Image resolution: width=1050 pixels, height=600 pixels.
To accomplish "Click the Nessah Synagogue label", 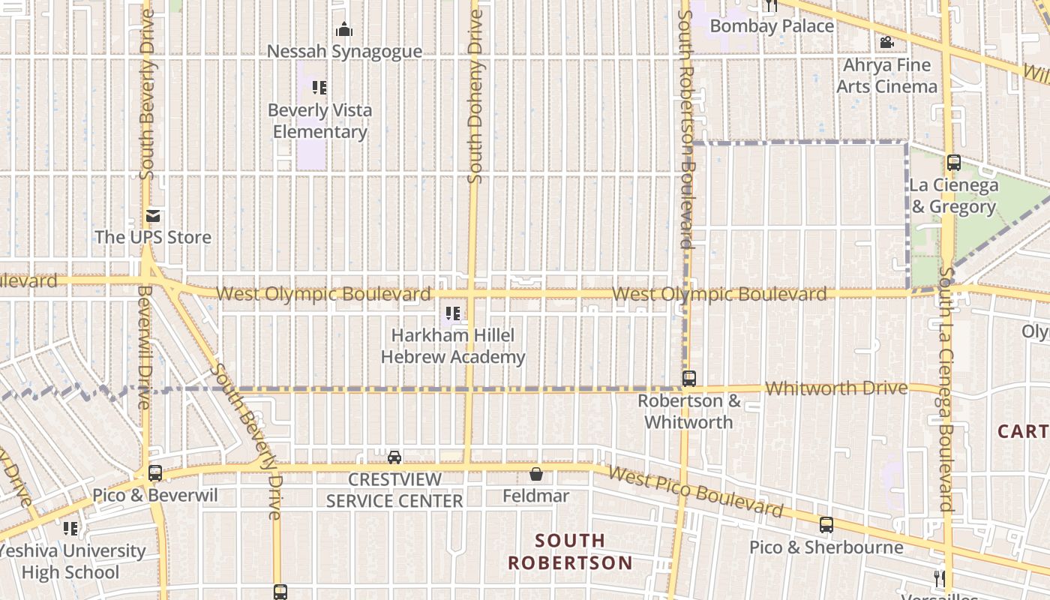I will pos(344,52).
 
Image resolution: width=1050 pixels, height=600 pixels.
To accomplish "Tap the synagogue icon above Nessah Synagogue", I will pos(344,30).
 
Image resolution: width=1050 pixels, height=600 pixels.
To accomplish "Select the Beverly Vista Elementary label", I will pos(319,121).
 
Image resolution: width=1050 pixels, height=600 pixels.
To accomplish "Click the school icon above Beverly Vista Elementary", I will pos(319,88).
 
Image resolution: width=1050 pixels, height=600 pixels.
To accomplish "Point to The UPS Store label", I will pos(153,238).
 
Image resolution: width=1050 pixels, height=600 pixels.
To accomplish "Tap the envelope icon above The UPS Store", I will pos(153,216).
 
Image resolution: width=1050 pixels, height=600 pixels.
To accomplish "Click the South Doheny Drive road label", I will pos(475,96).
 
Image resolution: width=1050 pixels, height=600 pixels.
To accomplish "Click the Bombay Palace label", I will pos(772,26).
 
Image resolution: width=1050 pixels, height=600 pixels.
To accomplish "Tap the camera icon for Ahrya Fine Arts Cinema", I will pos(886,43).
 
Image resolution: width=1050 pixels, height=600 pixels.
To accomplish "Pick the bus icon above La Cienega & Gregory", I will pos(954,162).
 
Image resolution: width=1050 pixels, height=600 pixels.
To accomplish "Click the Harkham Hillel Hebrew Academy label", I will pos(453,346).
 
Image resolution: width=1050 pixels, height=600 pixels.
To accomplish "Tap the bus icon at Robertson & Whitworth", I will pos(689,379).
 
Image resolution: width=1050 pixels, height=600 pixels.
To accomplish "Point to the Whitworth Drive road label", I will pos(836,388).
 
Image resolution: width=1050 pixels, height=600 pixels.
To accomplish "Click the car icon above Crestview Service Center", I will pos(394,457).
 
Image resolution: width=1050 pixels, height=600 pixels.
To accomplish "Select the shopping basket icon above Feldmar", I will pos(536,474).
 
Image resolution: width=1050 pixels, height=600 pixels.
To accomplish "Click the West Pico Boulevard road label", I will pos(695,492).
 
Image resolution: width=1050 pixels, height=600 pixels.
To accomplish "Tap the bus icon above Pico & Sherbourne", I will pos(826,525).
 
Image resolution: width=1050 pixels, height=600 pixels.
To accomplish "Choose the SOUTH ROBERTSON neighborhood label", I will pos(570,551).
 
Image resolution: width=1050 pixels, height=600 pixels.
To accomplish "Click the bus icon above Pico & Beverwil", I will pos(155,473).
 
